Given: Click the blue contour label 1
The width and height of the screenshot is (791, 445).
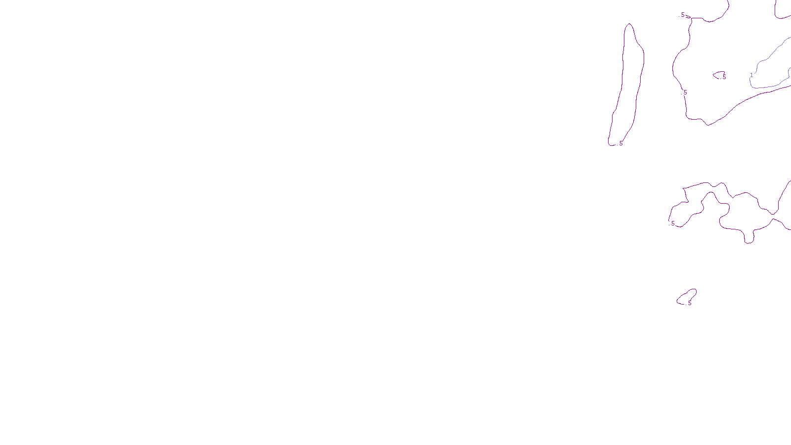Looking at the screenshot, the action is coord(751,75).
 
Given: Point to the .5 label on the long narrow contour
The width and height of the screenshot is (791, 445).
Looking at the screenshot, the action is coord(620,143).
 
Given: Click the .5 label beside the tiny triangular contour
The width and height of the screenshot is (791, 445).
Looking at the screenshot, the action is coord(724,77).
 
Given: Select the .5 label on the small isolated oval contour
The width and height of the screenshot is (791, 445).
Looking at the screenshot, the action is coord(689,303).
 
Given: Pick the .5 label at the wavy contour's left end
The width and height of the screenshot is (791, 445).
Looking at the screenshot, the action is coord(672,223).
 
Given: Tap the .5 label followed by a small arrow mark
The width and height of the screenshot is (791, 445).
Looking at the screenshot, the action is coord(683,15).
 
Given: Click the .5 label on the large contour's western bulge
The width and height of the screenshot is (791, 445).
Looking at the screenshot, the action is coord(685,92).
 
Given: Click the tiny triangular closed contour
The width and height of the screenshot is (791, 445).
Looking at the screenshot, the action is coord(719,75).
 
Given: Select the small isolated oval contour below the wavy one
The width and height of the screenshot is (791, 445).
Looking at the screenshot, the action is coord(687,296).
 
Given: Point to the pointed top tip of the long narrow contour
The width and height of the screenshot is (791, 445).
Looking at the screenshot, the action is coord(629,24).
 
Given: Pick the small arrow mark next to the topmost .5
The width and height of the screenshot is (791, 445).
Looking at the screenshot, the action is coord(688,16).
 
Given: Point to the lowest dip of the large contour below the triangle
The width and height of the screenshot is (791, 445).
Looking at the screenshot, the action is coord(708,125).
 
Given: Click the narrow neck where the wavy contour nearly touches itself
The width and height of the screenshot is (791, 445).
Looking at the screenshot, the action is coord(775,216).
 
